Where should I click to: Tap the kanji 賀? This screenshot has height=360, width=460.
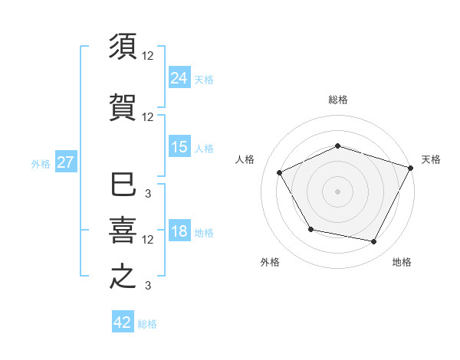pos(123,106)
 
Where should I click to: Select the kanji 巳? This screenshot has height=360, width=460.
pos(123,185)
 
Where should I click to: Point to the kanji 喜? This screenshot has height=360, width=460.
pos(123,230)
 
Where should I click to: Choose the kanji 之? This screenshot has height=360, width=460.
pos(123,277)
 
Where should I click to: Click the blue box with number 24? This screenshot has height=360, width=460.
pos(179,77)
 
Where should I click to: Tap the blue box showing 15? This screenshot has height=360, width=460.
pos(179,147)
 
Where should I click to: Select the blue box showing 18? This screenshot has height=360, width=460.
pos(179,231)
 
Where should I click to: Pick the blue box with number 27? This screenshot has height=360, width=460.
pos(65,162)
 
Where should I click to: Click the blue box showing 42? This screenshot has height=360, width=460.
pos(123,322)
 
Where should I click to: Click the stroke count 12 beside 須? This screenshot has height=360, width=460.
pos(148,56)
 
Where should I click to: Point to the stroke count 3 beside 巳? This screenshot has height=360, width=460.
pos(148,194)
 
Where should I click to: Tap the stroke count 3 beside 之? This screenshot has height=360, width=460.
pos(148,286)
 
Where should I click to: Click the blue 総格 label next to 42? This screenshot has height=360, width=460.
pos(147,324)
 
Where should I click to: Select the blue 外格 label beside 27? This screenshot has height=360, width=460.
pos(41,163)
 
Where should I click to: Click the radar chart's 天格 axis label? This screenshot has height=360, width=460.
pos(431,159)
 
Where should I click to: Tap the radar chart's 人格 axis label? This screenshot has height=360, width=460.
pos(245,159)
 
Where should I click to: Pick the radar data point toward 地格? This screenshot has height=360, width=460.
pos(374,242)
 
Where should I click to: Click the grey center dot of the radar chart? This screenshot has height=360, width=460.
pos(337,191)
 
